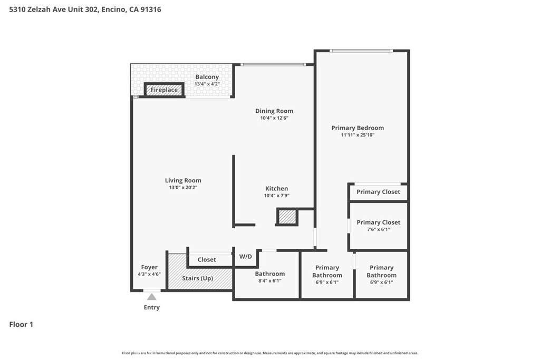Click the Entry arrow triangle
click(151, 297)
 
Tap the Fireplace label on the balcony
click(165, 90)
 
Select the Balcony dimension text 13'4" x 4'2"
click(207, 84)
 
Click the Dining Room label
click(274, 111)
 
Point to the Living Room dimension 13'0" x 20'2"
click(183, 188)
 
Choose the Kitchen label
click(276, 189)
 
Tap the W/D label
click(246, 256)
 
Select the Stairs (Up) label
click(198, 278)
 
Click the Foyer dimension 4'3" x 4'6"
click(149, 274)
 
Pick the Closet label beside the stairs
click(207, 259)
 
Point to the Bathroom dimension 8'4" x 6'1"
click(270, 281)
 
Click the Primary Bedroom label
click(358, 128)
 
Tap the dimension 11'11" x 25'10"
click(358, 135)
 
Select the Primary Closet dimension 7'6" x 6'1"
click(379, 230)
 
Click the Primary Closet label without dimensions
click(378, 192)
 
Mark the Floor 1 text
click(21, 324)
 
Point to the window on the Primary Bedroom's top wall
click(361, 51)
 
